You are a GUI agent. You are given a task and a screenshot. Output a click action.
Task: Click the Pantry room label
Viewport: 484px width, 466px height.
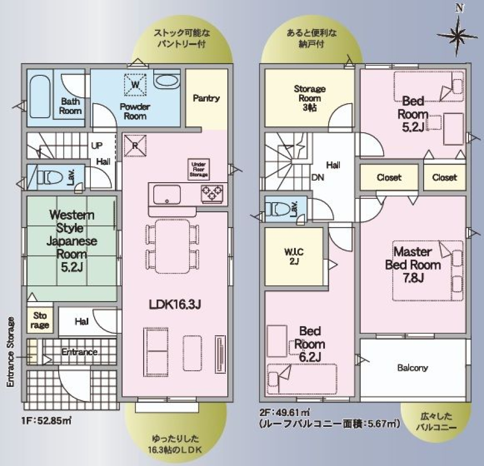pos(206,98)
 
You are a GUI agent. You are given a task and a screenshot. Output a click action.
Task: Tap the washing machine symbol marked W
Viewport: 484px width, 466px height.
pos(135,84)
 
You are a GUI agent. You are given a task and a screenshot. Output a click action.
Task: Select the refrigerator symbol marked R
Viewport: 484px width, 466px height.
pos(135,145)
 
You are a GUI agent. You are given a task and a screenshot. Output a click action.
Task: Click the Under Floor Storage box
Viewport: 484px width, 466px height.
pos(198,169)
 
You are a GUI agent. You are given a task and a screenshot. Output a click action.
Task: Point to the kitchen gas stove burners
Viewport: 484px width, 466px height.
pos(212,193)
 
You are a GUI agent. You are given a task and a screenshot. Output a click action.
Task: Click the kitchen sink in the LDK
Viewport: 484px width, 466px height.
pos(167,195)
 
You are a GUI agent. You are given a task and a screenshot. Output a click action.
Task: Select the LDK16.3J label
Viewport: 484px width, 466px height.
pos(175,305)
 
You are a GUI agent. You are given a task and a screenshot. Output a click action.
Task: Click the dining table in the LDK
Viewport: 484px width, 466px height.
pos(173,246)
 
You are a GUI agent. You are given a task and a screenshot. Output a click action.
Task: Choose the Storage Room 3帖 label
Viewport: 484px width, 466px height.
pos(310,98)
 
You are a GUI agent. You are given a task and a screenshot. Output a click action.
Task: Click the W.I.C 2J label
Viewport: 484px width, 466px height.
pos(294,256)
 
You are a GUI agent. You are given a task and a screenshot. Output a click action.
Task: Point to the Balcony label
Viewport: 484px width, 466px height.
pos(412,368)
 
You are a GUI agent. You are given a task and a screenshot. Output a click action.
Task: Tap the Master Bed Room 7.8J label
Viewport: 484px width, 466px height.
pos(412,265)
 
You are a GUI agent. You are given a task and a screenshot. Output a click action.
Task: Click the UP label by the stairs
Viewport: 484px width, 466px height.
pos(97,145)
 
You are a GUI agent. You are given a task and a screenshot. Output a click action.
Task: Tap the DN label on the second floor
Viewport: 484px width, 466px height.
pos(318,177)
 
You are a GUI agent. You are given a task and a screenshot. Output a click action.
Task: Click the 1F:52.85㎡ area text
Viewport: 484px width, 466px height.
pos(47,420)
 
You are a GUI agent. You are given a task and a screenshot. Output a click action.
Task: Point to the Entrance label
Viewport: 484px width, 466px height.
pos(80,352)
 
